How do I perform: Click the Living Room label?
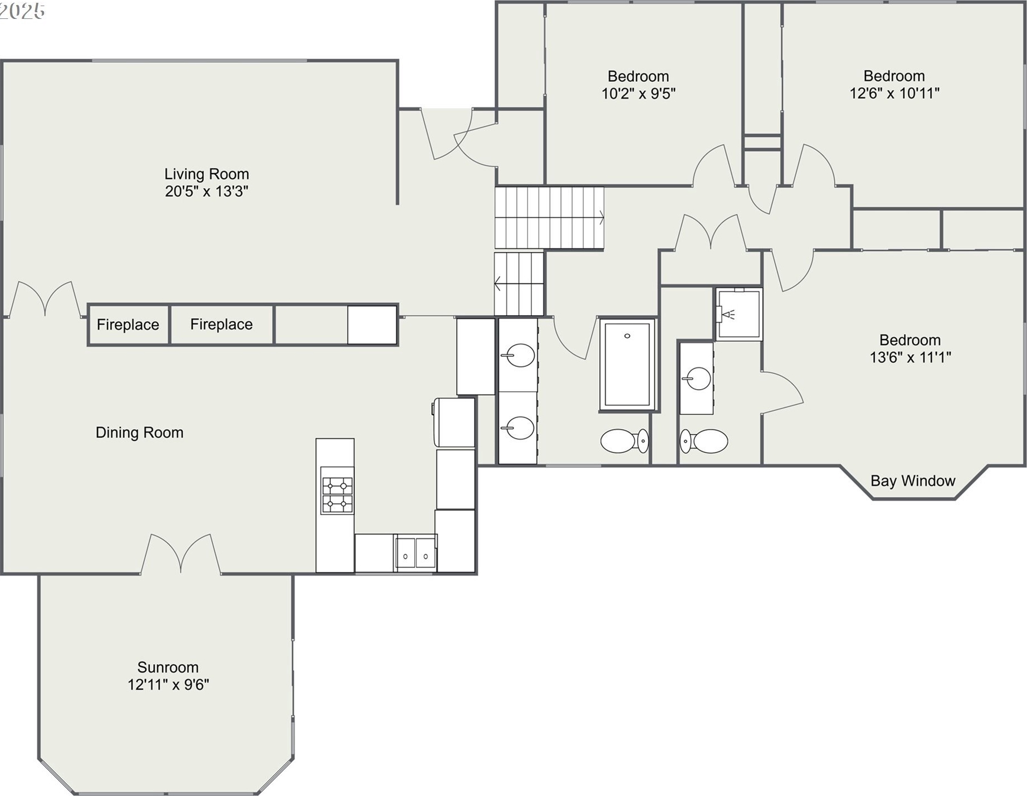coord(207,174)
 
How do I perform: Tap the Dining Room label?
coord(139,433)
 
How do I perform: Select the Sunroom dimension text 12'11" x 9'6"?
coord(168,684)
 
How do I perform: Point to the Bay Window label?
coord(913,480)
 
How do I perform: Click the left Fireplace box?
coord(128,325)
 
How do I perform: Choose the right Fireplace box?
coord(222,325)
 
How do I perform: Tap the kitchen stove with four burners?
coord(337,490)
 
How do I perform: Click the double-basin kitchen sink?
coord(415,552)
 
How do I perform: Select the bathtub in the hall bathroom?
coord(627,365)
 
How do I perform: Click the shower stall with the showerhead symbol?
coord(739,315)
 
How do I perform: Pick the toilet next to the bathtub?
coord(624,441)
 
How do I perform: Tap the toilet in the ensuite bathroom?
coord(704,441)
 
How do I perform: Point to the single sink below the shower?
coord(697,379)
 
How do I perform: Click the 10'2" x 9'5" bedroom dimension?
coord(638,94)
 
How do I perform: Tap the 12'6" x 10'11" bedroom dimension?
coord(894,93)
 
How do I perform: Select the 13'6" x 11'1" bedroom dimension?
coord(911,357)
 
